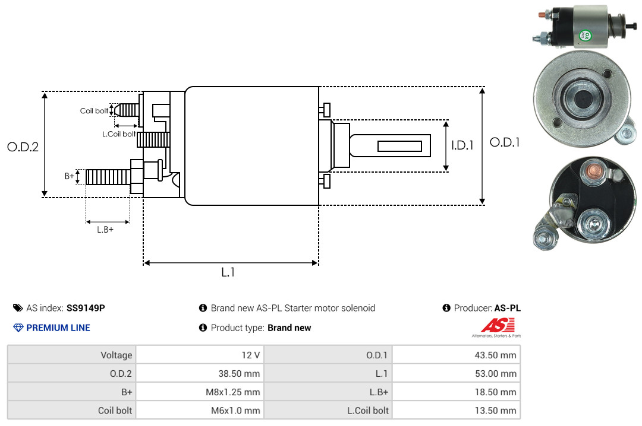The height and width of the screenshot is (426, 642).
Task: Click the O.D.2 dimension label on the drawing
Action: point(23,147)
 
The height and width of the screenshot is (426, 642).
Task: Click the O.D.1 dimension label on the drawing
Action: point(505,142)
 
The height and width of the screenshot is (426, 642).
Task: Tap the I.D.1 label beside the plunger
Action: point(462,145)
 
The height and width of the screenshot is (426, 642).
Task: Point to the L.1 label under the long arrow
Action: point(228,272)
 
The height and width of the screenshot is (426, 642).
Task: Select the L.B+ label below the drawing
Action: point(105,230)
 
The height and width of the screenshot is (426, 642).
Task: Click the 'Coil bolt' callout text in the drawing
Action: point(94,111)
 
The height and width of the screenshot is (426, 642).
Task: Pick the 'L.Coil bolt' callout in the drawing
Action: point(119,133)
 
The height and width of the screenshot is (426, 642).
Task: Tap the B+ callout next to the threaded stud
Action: point(70,176)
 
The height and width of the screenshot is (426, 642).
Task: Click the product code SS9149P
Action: point(86,308)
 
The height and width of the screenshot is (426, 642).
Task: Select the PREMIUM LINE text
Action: point(58,328)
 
